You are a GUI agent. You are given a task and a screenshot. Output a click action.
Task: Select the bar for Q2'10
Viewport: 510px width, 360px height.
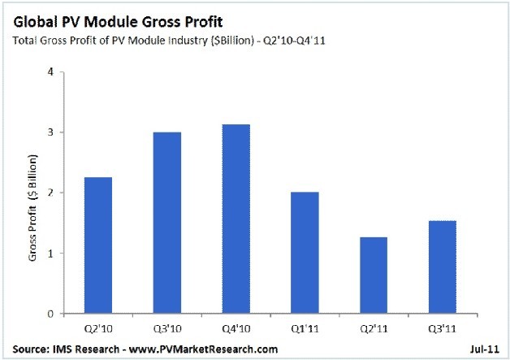coord(99,245)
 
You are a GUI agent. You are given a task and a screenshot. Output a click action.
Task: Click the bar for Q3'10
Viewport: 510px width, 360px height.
coord(167,223)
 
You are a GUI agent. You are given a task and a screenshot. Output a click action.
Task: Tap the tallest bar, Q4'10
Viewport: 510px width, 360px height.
coord(236,219)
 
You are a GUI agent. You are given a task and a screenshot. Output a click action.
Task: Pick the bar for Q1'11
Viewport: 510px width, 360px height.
coord(304,253)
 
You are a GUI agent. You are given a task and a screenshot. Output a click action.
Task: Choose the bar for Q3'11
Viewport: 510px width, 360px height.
coord(441,267)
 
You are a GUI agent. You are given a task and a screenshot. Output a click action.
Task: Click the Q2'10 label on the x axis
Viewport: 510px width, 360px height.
coord(99,329)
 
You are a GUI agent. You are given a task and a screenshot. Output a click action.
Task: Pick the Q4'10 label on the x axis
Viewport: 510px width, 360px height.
coord(236,329)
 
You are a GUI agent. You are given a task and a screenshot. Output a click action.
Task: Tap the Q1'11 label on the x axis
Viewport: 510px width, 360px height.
coord(304,329)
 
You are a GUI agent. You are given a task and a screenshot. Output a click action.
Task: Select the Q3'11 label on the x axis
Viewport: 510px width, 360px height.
coord(441,329)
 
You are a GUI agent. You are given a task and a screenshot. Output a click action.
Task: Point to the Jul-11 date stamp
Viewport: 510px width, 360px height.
coord(482,349)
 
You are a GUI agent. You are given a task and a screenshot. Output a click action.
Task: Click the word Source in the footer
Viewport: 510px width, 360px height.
coord(27,349)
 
